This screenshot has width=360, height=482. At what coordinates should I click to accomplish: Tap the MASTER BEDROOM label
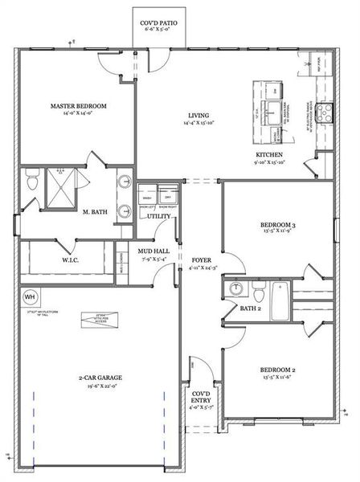pos(79,106)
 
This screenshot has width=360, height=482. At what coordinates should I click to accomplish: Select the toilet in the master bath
pos(31,184)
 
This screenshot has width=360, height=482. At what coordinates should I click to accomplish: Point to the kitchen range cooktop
pos(326,112)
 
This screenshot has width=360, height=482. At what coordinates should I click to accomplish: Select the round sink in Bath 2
pos(237,288)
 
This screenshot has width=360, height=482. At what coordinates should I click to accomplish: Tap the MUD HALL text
pos(152,251)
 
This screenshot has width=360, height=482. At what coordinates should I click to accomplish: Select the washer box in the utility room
pos(147,198)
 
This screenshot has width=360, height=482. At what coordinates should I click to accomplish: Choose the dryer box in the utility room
pos(168,198)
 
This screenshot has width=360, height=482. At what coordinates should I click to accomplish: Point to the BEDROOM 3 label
pos(278,224)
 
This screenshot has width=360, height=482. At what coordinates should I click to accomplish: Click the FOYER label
pos(202,260)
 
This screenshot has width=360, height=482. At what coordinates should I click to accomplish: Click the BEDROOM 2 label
pos(278,370)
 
